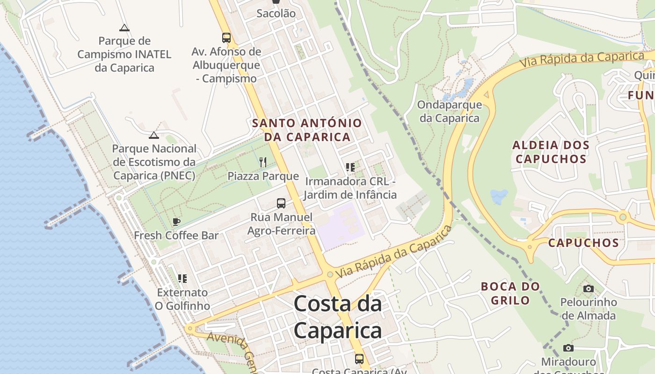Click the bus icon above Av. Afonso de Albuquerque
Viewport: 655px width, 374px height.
point(226,38)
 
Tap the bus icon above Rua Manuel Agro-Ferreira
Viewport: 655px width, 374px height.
point(281,203)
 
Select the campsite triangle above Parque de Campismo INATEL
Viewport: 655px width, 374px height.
point(124,28)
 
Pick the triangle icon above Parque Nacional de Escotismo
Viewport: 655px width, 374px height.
point(153,136)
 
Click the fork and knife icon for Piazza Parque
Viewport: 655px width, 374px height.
point(263,162)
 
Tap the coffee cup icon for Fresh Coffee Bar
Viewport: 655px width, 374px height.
point(176,222)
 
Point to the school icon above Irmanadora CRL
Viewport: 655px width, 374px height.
point(350,167)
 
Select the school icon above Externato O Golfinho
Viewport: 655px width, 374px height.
point(182,279)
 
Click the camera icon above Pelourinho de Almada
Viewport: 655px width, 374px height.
point(589,288)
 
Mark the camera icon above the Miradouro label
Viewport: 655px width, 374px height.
point(568,348)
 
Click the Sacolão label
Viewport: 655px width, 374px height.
point(276,14)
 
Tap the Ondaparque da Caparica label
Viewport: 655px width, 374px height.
point(450,111)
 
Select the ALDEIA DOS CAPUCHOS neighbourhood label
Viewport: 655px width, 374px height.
point(551,152)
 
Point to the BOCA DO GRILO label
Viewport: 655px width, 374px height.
point(510,293)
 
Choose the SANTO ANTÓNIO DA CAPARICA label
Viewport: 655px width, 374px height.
point(307,130)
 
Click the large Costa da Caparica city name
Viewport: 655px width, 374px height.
point(338,317)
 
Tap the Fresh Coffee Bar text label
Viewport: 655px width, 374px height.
point(176,235)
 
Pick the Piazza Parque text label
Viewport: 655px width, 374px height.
point(263,176)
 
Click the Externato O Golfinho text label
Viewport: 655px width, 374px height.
point(182,299)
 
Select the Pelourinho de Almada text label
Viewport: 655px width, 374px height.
point(589,309)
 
